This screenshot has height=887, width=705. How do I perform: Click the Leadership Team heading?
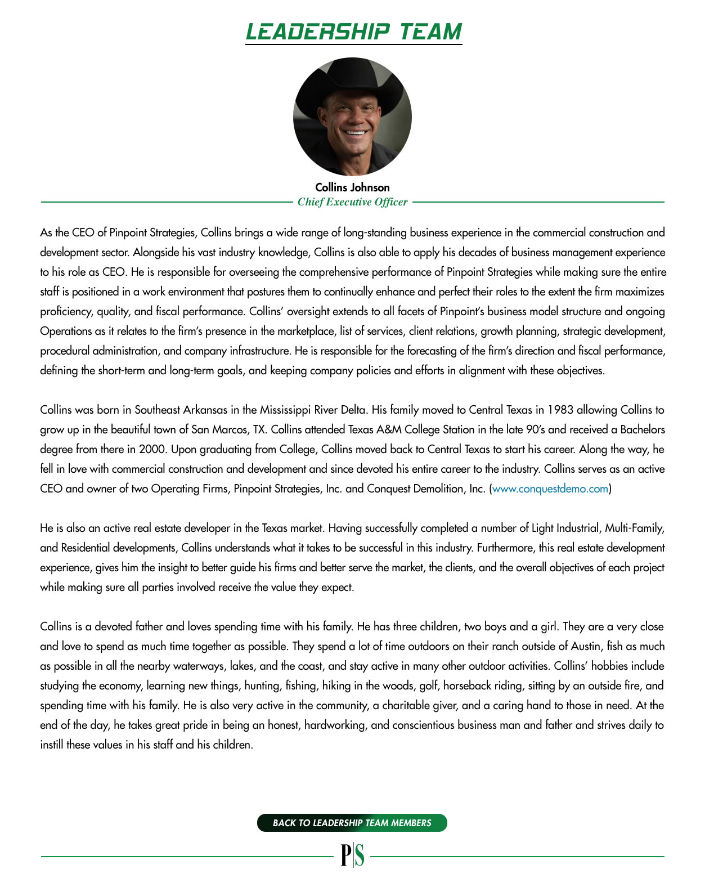(353, 32)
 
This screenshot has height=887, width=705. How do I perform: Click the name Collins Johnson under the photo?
(352, 187)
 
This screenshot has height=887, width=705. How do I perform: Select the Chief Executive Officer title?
(352, 202)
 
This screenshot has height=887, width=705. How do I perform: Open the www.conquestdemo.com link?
(550, 489)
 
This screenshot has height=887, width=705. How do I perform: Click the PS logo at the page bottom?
(352, 855)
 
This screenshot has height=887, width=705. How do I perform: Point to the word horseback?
(465, 686)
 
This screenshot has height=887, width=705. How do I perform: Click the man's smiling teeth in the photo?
(354, 133)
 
